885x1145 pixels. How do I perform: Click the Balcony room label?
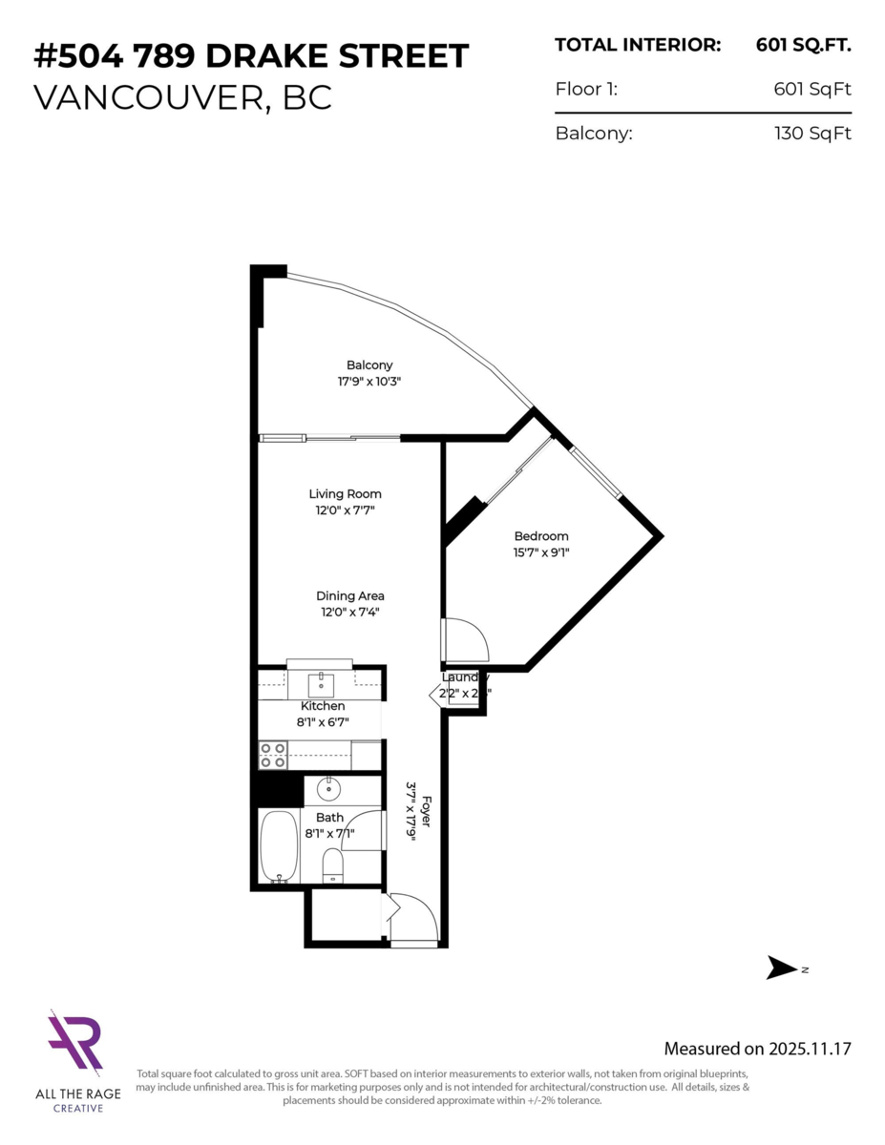click(369, 365)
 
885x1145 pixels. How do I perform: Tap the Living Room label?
click(345, 494)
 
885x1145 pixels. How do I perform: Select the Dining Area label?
click(350, 596)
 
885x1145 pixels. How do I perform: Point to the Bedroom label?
click(541, 536)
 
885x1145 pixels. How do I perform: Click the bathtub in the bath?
click(280, 846)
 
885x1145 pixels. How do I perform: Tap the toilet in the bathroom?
click(332, 864)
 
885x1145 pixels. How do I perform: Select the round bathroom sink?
click(328, 789)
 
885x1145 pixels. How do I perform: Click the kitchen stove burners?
click(273, 756)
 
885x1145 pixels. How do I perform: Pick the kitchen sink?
click(321, 681)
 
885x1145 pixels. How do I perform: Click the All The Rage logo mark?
click(75, 1044)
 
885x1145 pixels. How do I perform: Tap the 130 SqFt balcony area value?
click(812, 134)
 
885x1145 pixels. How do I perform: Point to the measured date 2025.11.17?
click(810, 1049)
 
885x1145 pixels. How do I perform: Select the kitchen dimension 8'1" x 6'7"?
click(323, 722)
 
